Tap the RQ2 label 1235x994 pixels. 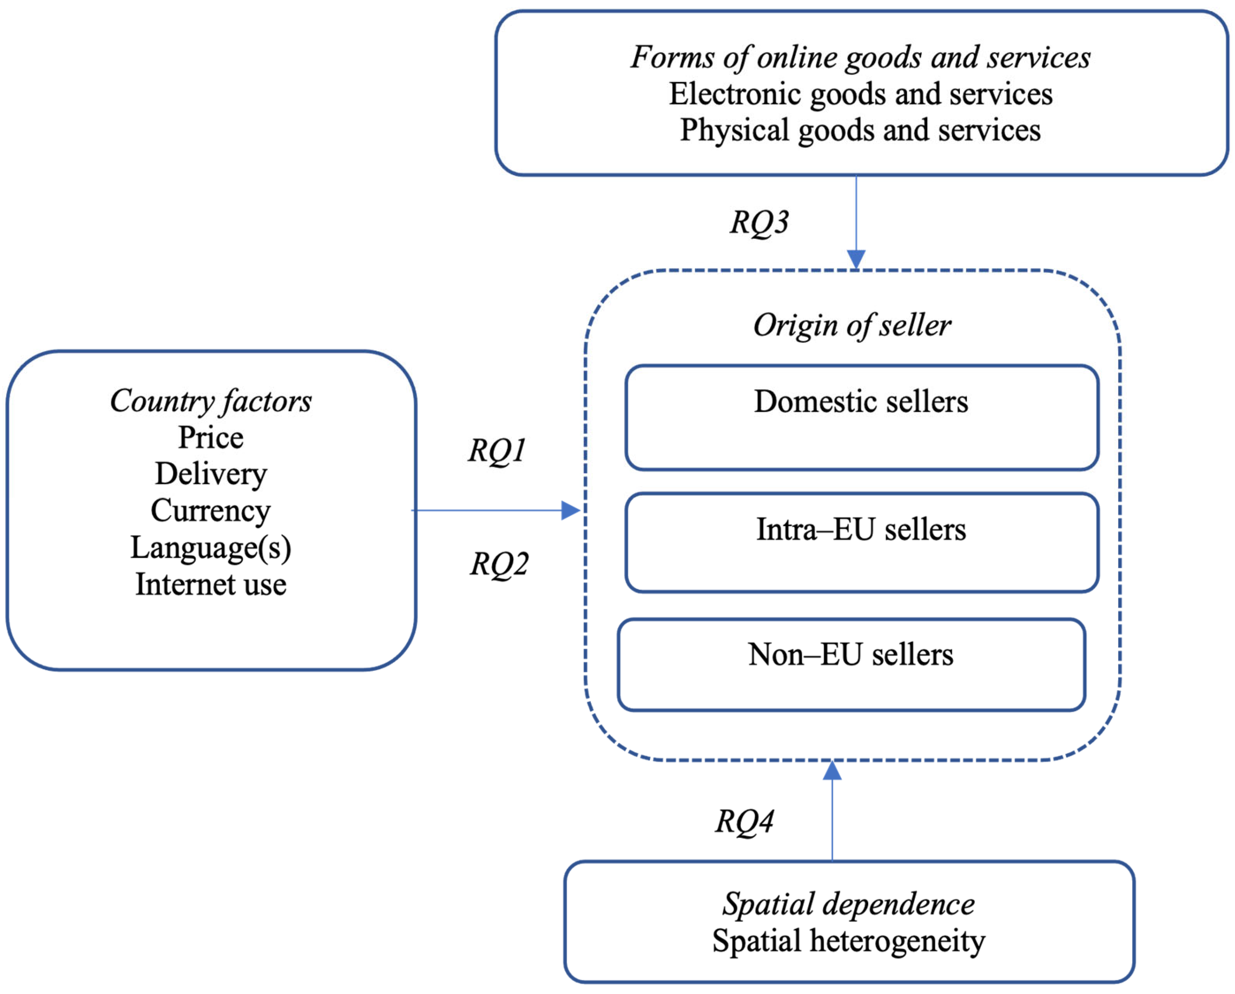point(499,564)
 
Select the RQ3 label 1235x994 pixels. point(759,222)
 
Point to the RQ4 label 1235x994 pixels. point(744,821)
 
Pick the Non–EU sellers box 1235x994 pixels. point(851,665)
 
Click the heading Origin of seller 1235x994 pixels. point(852,325)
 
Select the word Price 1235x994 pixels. point(211,438)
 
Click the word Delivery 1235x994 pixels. point(211,474)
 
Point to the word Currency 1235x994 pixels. point(211,511)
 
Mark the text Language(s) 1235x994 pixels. point(211,548)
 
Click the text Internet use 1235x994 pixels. point(211,585)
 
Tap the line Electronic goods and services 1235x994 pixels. point(860,94)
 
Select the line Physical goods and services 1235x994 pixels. point(860,130)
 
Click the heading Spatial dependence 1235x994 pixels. point(848,904)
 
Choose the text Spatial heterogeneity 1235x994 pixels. point(848,941)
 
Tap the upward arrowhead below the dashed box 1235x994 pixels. point(832,771)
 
